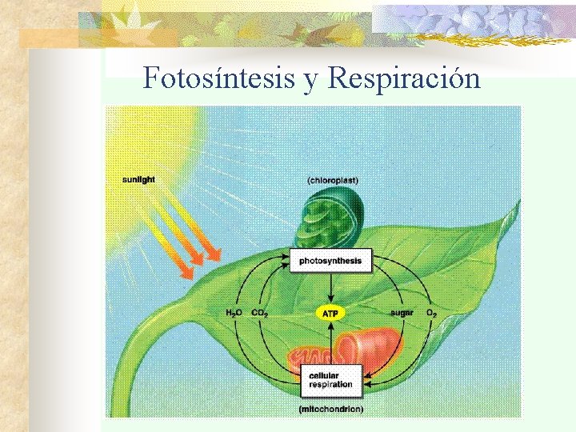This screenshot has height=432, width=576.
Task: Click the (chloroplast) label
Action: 331,180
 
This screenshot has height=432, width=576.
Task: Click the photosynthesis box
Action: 330,260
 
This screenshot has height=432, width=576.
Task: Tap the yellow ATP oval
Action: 330,314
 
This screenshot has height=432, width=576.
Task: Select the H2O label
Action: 236,313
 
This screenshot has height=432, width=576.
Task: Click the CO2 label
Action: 260,313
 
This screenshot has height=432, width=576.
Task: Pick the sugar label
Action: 402,313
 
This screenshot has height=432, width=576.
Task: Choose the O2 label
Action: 430,313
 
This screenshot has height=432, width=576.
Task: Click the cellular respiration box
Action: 330,380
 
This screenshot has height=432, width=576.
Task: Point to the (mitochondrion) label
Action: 330,409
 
